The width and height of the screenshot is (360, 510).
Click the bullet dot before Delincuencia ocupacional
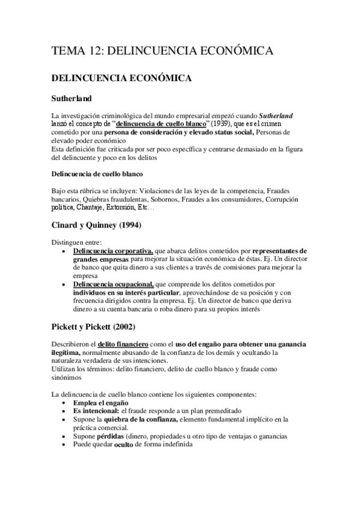tap(65, 284)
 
